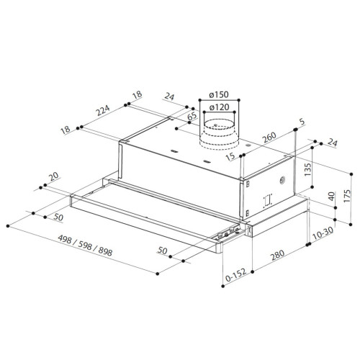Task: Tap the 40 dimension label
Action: [x=331, y=196]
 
